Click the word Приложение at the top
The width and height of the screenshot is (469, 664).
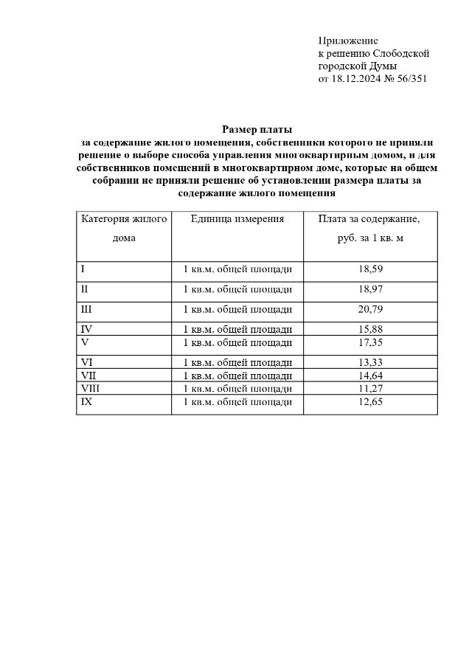pyautogui.click(x=348, y=40)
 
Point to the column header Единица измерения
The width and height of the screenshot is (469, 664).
pyautogui.click(x=237, y=219)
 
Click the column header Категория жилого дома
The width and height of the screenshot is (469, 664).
pyautogui.click(x=124, y=229)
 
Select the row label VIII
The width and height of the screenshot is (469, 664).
pyautogui.click(x=89, y=388)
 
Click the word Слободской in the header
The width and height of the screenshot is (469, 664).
pyautogui.click(x=401, y=53)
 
